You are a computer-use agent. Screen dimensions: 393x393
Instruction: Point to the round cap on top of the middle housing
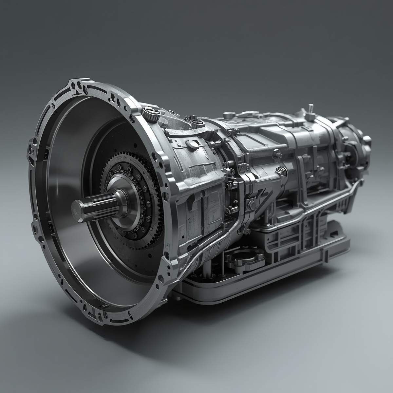point(228,115)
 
